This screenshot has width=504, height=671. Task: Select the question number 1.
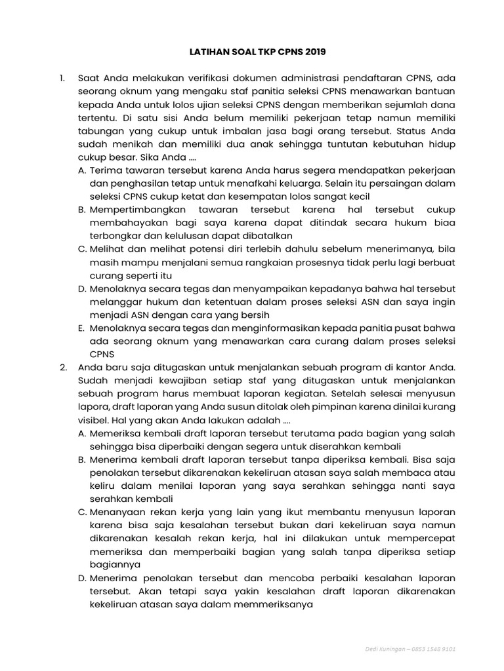click(x=62, y=79)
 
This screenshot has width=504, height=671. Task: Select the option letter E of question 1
click(x=82, y=328)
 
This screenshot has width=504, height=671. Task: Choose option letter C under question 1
click(x=82, y=249)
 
